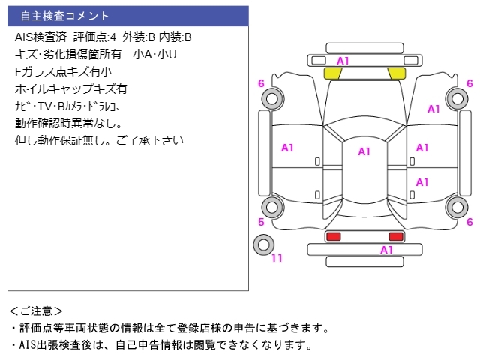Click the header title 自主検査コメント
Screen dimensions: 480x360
pos(64,16)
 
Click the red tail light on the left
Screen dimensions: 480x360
pos(333,236)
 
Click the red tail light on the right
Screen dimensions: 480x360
pos(396,236)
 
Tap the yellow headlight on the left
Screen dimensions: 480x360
pos(333,73)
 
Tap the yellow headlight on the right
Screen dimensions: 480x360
pos(397,73)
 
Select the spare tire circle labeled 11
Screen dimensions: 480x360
pos(263,244)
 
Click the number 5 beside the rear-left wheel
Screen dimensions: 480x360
pos(261,222)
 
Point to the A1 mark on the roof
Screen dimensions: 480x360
pos(364,151)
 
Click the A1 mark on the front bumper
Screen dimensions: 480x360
pos(343,61)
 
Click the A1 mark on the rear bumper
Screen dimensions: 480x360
pos(386,250)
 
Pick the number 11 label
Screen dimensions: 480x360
pos(277,258)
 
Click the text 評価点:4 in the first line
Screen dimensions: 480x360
pos(95,37)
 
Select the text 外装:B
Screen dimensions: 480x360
pos(139,37)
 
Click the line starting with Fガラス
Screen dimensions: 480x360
pos(63,72)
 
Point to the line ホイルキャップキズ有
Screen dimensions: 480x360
pos(71,89)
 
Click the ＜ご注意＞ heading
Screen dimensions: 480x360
pos(36,311)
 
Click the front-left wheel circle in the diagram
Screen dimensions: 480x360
pos(272,98)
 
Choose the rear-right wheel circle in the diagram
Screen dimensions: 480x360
pos(457,207)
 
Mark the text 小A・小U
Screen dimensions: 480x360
pos(155,55)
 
